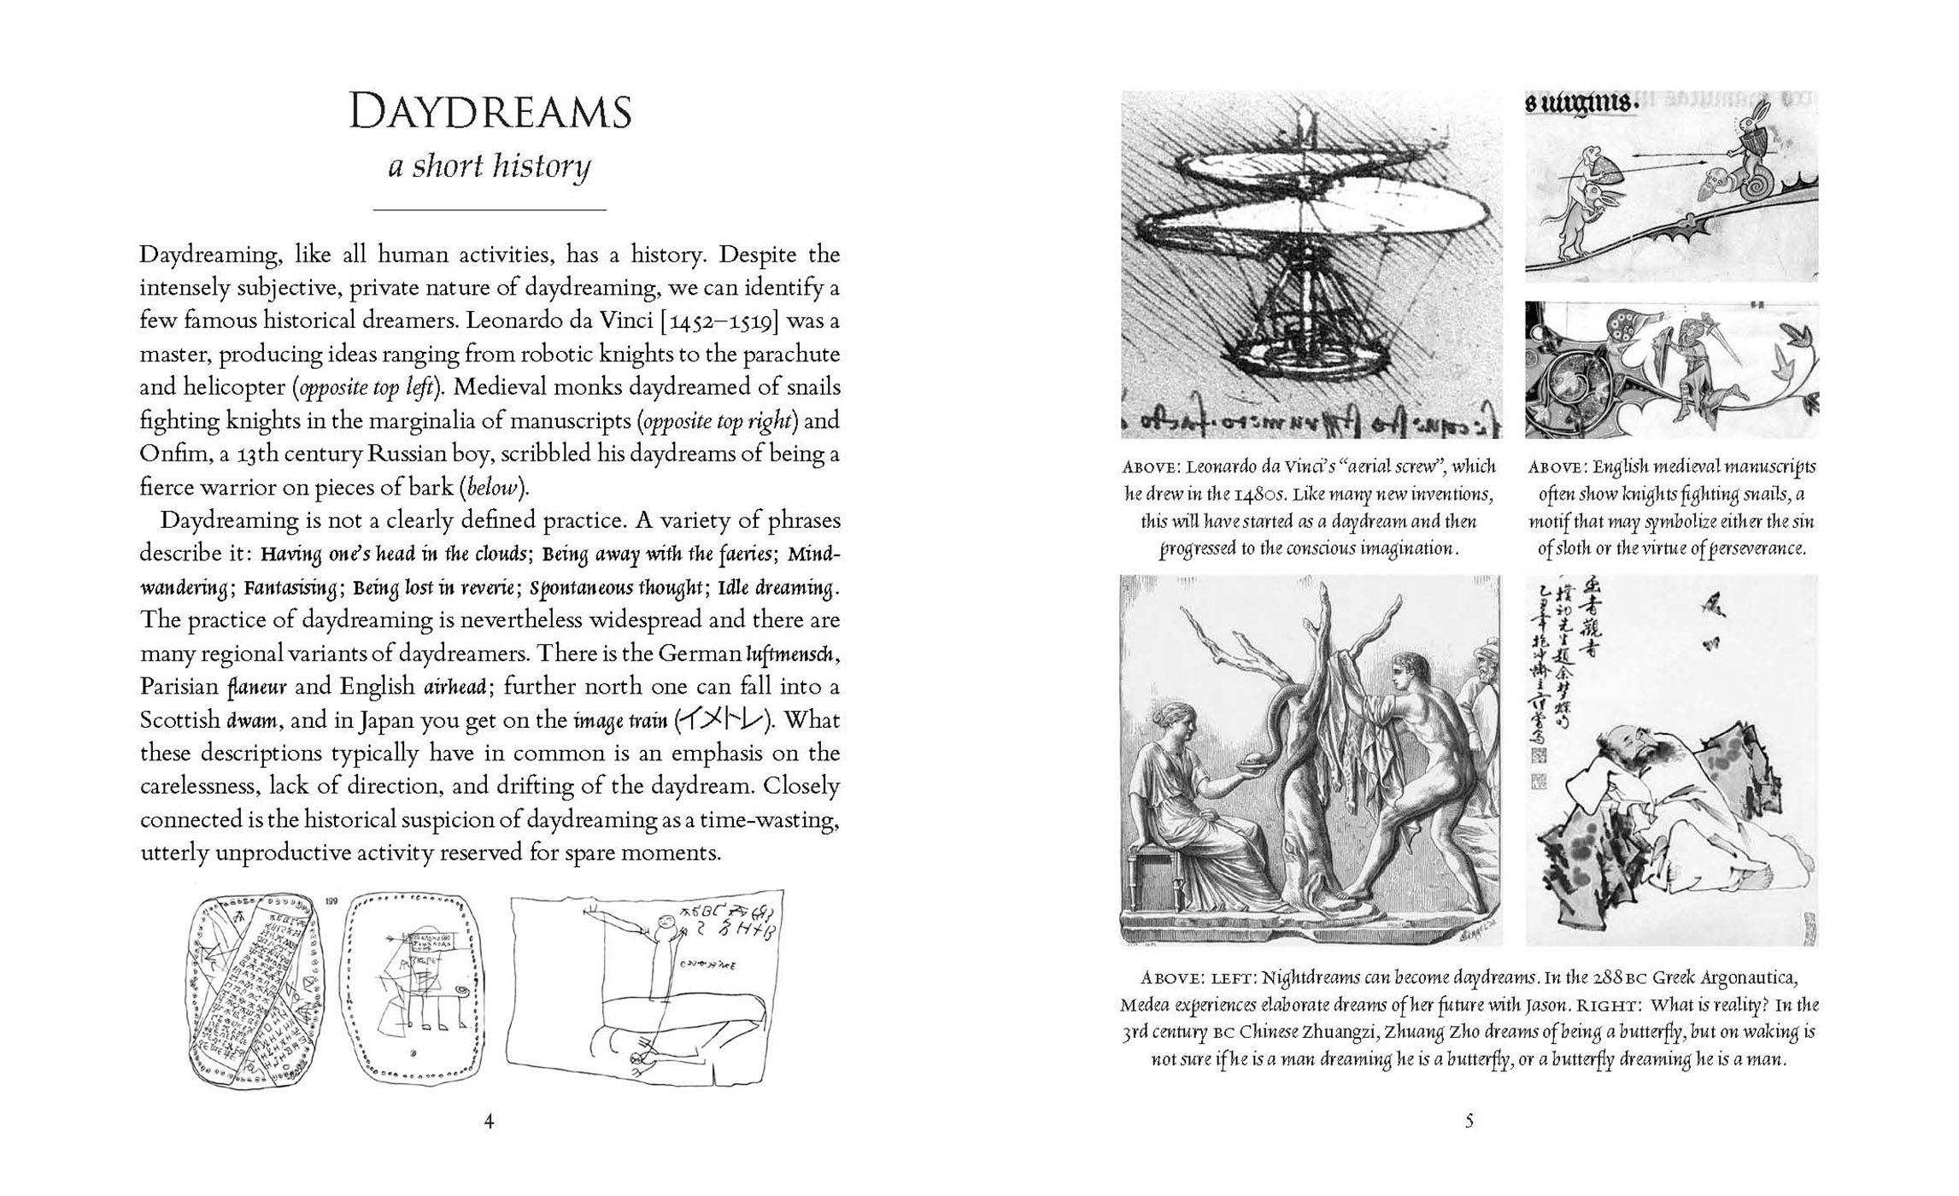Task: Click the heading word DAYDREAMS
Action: click(x=490, y=114)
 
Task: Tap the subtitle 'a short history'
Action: click(x=490, y=166)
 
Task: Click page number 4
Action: click(x=489, y=1121)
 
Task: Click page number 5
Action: click(x=1469, y=1121)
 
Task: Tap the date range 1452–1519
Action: click(x=718, y=321)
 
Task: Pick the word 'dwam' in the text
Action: click(x=251, y=721)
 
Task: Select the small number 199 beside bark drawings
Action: click(x=333, y=900)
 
